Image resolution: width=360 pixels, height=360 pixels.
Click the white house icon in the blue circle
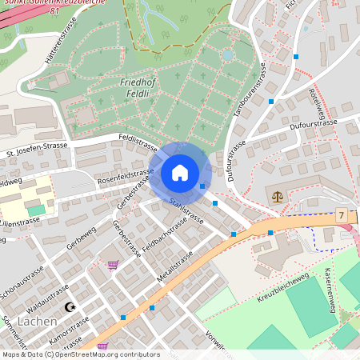180,172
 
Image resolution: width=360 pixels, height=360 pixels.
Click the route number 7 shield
342,216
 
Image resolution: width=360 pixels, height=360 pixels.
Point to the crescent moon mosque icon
70,306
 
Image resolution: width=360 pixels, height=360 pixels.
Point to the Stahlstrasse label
186,212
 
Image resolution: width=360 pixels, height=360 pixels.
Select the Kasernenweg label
335,288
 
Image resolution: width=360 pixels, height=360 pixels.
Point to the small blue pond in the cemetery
229,55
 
